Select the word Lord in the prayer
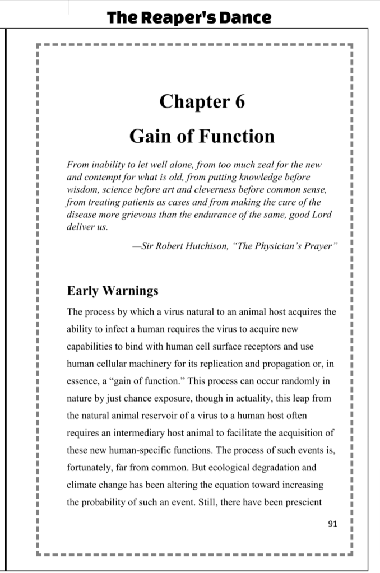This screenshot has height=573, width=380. pyautogui.click(x=320, y=215)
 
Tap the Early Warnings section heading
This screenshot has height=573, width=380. pyautogui.click(x=113, y=291)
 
